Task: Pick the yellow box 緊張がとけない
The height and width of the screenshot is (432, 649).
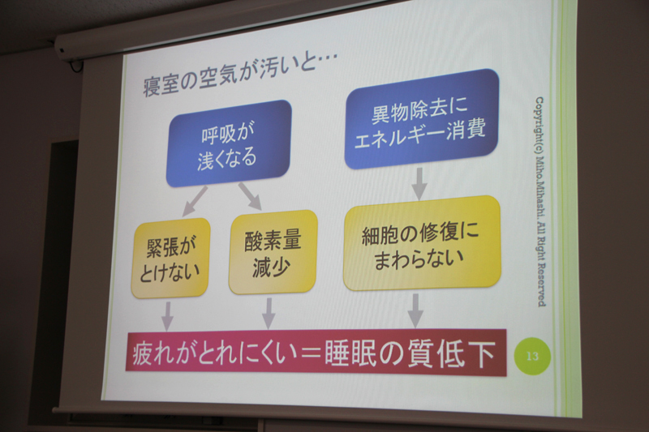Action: (x=172, y=258)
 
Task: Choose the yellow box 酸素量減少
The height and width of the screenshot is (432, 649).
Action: (x=273, y=252)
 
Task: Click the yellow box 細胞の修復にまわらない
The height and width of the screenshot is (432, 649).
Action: (x=421, y=244)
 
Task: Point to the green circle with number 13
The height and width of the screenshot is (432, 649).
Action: (x=532, y=354)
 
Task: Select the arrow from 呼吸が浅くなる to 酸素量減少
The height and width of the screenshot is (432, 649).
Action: (x=249, y=197)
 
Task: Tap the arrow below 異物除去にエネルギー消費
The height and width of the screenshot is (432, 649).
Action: (x=419, y=184)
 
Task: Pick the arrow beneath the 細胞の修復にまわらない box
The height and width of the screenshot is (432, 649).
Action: (x=415, y=309)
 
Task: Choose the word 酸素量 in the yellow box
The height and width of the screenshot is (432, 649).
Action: (x=273, y=241)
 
